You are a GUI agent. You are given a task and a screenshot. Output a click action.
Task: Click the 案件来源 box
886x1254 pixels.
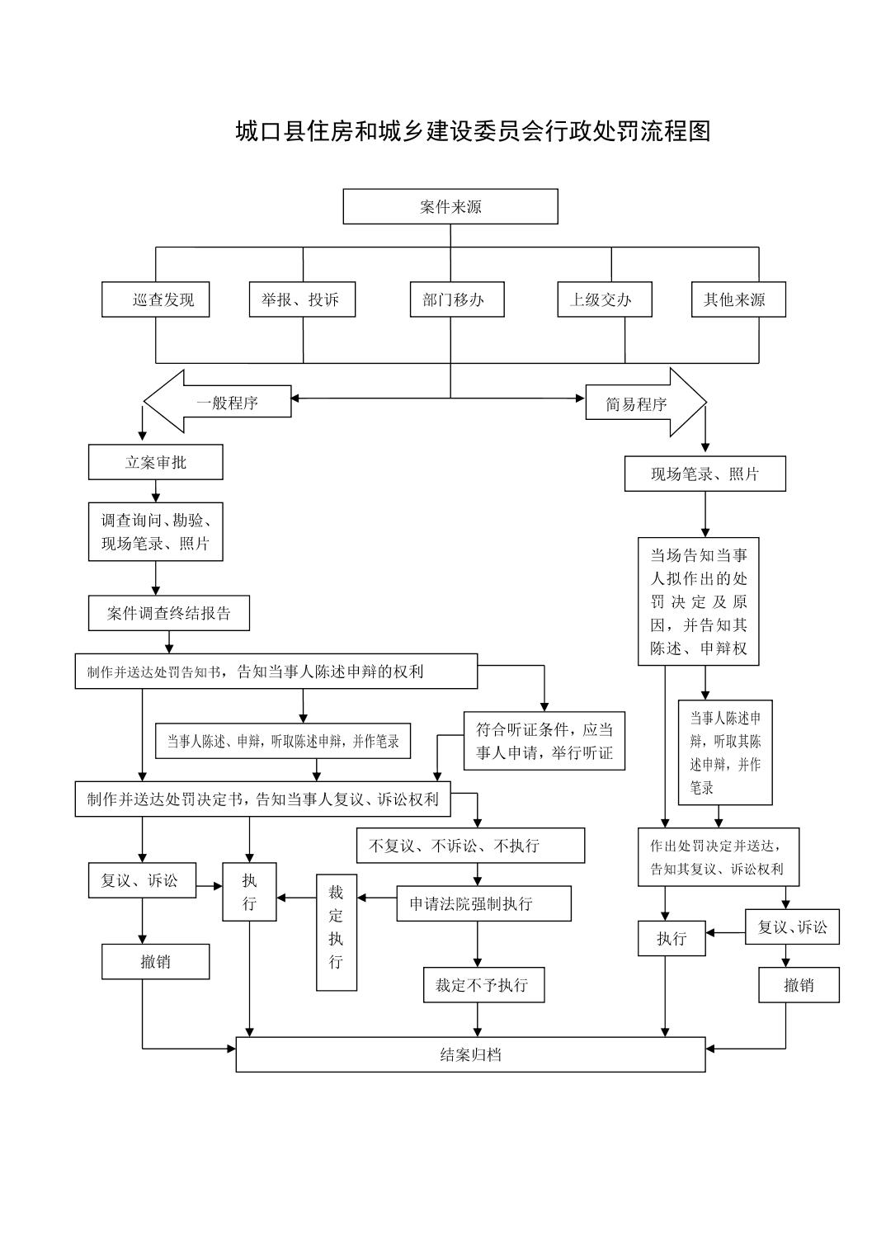coord(450,206)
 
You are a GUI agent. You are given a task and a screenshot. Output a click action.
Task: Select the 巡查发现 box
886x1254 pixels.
coord(155,299)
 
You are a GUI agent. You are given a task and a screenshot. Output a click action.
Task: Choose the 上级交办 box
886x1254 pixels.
coord(605,299)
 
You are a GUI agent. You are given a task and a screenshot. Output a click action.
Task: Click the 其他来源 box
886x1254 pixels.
coord(738,299)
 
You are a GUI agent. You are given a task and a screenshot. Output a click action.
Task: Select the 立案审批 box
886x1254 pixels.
coord(155,462)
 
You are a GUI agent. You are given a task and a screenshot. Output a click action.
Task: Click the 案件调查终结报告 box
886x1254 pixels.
coord(168,614)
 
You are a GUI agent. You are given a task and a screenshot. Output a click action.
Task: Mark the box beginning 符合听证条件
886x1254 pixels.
coord(544,741)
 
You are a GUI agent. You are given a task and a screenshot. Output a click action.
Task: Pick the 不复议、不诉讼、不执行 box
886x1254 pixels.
coord(470,846)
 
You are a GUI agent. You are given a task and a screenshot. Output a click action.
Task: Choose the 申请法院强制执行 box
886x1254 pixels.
coord(483,903)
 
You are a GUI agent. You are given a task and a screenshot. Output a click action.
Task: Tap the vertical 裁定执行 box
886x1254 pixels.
coord(337,932)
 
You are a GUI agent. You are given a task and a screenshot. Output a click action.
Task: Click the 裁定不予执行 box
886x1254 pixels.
coord(483,985)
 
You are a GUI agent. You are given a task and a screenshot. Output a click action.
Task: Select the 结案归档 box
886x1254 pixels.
coord(470,1054)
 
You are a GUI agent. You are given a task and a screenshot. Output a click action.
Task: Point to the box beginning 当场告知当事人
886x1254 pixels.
coord(698,601)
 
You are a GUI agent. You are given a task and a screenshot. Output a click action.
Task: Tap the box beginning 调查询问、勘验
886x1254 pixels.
coord(155,532)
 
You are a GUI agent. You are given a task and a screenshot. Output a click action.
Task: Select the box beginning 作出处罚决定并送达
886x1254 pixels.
coord(718,857)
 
